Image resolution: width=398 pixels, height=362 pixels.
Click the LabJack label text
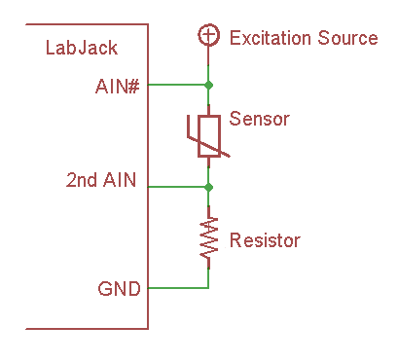[81, 49]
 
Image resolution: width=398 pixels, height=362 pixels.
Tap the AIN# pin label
[117, 85]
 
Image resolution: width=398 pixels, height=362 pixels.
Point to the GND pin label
[119, 288]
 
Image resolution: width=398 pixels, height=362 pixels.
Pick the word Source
[346, 38]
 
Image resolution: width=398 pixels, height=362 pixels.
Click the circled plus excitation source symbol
[207, 36]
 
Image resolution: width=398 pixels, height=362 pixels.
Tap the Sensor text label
[260, 120]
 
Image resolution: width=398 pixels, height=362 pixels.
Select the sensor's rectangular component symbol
[207, 134]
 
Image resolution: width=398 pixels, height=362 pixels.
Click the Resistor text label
[265, 239]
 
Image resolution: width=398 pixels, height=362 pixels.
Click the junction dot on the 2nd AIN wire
[207, 186]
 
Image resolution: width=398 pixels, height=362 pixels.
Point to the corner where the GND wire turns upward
[207, 288]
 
